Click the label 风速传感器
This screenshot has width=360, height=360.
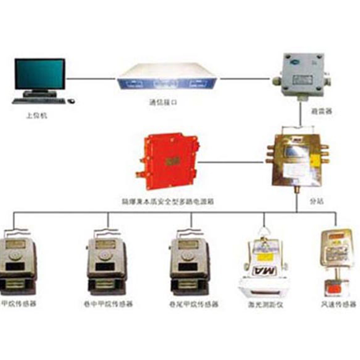pos(339,304)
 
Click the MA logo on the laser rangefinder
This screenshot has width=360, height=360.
pos(263,271)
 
